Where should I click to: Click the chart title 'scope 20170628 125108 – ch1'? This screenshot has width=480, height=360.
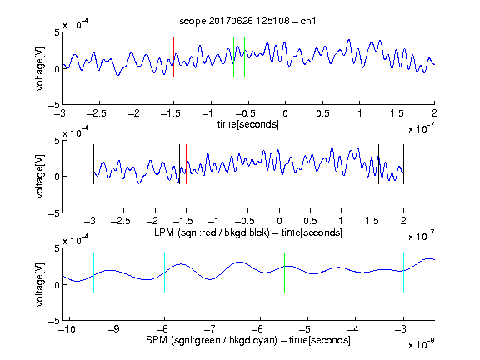tap(247, 21)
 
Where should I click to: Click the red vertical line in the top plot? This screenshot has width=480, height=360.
tap(174, 57)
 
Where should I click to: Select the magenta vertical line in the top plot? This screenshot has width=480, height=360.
tap(397, 57)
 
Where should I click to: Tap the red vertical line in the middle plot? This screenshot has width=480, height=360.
tap(186, 164)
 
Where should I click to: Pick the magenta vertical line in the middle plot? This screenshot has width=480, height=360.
tap(372, 164)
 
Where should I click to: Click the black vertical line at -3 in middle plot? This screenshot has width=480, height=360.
tap(93, 164)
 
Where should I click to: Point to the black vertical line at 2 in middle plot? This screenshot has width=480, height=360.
tap(404, 164)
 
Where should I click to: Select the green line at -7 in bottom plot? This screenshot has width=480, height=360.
tap(212, 272)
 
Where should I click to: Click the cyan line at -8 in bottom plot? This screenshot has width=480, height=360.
tap(165, 272)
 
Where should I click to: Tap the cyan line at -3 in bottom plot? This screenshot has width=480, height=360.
tap(404, 272)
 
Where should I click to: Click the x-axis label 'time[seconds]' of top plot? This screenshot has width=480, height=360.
tap(248, 124)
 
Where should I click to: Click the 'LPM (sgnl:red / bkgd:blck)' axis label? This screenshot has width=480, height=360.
tap(212, 232)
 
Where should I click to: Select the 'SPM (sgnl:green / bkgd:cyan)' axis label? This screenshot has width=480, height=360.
tap(212, 340)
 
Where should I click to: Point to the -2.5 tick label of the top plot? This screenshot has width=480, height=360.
tap(96, 114)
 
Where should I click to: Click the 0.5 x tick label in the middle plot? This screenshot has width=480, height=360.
tap(310, 221)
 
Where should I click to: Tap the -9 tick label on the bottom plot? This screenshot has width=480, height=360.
tap(114, 329)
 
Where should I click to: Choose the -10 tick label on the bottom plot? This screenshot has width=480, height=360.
tap(67, 329)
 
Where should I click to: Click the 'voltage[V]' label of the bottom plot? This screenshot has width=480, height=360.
tap(40, 284)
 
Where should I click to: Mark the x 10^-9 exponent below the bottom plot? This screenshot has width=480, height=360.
tap(421, 344)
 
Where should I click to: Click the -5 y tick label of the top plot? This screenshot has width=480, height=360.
tap(54, 105)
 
